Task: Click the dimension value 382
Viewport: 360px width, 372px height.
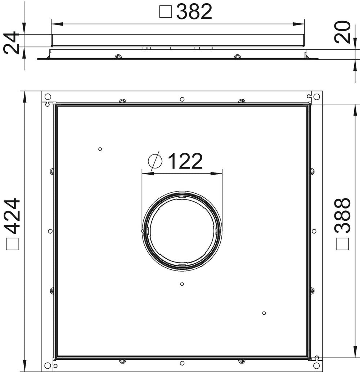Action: click(x=194, y=12)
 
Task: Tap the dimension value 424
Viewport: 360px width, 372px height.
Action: click(x=12, y=216)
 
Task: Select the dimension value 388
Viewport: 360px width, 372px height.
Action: click(x=342, y=215)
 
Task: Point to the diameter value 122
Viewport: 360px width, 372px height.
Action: click(x=185, y=161)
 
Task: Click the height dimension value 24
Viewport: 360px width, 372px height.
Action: click(x=11, y=43)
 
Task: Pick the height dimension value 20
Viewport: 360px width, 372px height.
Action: click(x=342, y=32)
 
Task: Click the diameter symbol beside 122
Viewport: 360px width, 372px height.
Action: click(x=155, y=161)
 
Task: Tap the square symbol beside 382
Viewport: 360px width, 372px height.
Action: click(x=165, y=12)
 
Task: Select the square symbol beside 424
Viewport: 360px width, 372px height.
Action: click(x=12, y=244)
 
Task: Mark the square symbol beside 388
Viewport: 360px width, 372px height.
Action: click(x=342, y=244)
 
